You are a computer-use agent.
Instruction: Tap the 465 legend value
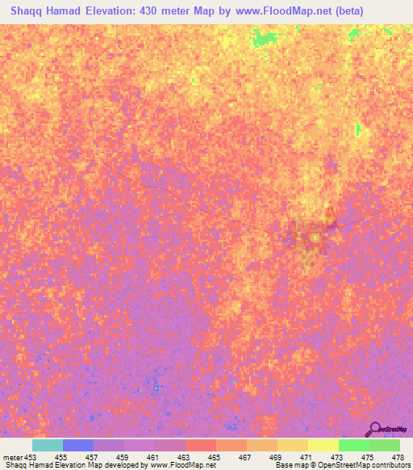[x=215, y=457]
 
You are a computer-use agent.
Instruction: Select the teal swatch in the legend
[x=48, y=445]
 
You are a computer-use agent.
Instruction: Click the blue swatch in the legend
[x=78, y=445]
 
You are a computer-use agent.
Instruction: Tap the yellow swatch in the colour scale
[x=323, y=445]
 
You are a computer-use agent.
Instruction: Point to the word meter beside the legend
[x=11, y=457]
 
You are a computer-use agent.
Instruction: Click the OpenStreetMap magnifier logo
[x=375, y=429]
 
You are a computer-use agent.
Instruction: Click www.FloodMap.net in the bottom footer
[x=176, y=466]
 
